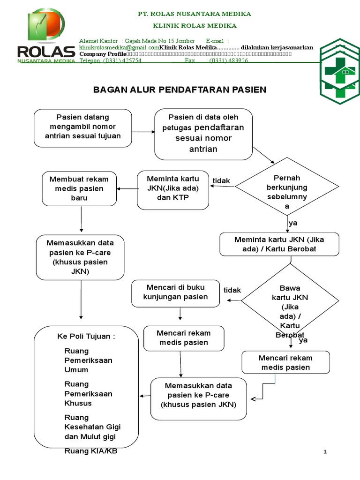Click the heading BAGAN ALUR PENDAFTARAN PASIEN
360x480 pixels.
[180, 89]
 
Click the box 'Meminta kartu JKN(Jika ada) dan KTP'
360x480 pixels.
[173, 189]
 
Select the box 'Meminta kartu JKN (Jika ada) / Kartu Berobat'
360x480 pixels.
[279, 244]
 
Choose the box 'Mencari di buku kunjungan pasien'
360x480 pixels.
[176, 292]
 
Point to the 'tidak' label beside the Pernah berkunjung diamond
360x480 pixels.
[221, 180]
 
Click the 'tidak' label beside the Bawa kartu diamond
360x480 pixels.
[232, 290]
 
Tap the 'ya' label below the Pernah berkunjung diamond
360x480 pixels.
[293, 223]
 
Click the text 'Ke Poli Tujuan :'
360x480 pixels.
[86, 337]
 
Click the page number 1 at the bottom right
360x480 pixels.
[324, 451]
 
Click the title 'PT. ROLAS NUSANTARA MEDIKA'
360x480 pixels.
[194, 14]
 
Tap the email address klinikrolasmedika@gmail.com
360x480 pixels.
[119, 47]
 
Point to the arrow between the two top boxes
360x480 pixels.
[143, 132]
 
